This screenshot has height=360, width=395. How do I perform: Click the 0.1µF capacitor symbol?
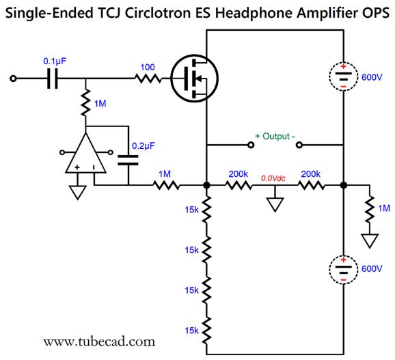point(51,79)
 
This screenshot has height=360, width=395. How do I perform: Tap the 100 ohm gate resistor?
point(147,79)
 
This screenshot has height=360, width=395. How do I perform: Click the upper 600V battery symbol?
point(342,77)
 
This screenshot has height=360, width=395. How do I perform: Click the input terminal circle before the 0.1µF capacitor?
point(13,79)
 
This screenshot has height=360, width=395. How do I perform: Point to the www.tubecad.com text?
point(98,340)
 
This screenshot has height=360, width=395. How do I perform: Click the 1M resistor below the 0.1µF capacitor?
point(86,104)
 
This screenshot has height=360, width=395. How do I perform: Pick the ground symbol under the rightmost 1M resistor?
point(370,240)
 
